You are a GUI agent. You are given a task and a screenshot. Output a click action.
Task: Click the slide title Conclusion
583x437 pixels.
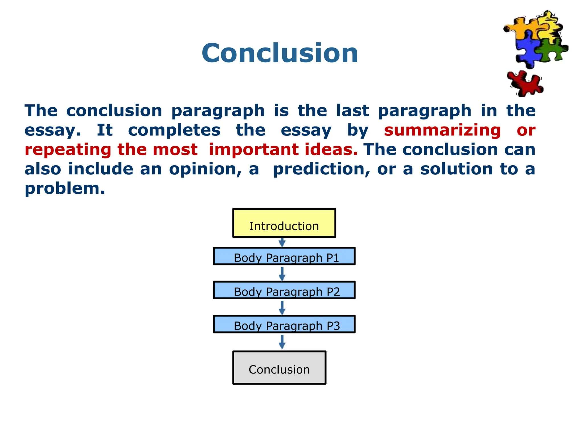pos(280,53)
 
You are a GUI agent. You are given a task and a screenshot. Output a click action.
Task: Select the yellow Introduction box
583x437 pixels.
pos(284,223)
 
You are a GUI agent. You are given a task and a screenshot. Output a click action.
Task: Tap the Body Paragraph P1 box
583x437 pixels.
pos(284,256)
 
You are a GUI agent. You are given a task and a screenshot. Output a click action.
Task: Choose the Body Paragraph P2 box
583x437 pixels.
pos(284,290)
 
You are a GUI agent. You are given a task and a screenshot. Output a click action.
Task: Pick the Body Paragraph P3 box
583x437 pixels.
pos(284,324)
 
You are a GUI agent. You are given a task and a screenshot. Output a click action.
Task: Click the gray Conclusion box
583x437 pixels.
pos(279,368)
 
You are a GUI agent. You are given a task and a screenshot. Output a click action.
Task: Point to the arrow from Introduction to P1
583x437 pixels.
pos(282,242)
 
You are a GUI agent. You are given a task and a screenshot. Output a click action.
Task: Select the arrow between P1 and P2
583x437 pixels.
pos(282,273)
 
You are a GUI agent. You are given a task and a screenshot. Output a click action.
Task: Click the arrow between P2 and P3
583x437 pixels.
pos(282,308)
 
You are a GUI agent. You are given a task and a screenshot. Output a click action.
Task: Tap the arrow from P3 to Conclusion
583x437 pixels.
pos(282,342)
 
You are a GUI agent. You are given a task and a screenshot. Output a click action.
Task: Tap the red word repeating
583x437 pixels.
pos(68,150)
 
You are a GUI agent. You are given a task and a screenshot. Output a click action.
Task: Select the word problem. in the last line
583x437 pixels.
pos(65,188)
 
